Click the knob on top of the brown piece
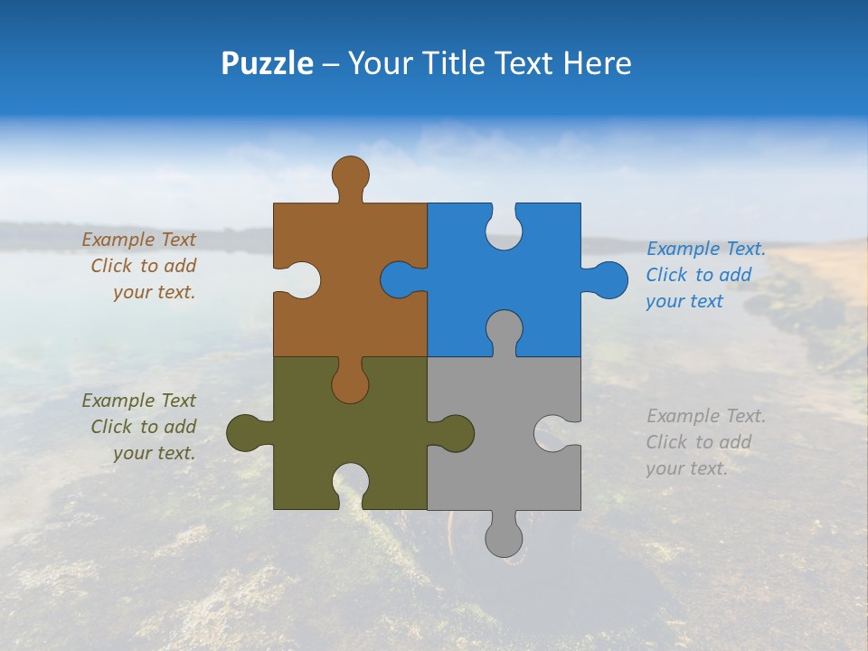click(350, 174)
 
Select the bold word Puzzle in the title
click(268, 63)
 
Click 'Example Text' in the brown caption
click(138, 240)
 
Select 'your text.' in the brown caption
click(154, 292)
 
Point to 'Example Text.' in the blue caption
click(706, 249)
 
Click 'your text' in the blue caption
click(684, 301)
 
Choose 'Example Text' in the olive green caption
click(138, 401)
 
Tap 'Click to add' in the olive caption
click(143, 427)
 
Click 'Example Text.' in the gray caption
click(706, 416)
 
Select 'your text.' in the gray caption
click(686, 468)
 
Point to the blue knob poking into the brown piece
click(398, 280)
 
